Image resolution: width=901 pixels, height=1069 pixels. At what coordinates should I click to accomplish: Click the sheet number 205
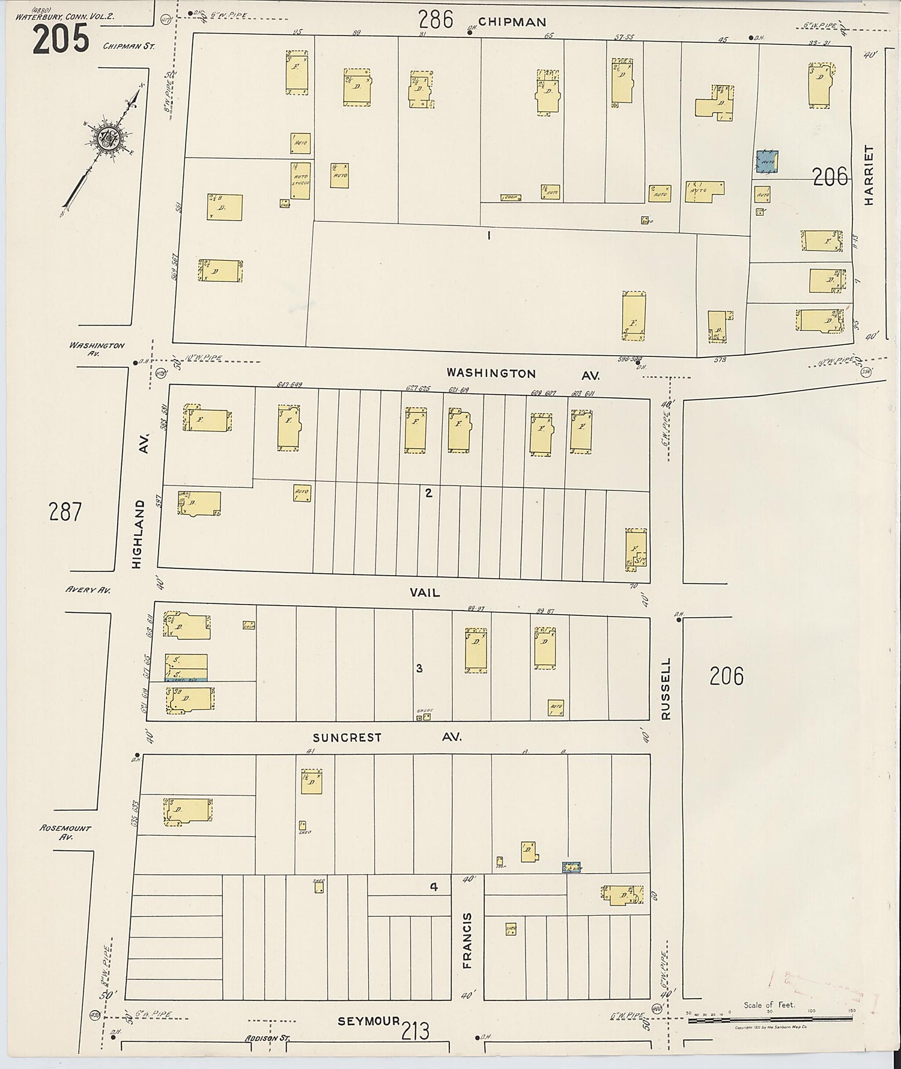tap(61, 39)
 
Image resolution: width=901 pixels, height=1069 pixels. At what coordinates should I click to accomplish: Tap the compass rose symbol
tap(112, 138)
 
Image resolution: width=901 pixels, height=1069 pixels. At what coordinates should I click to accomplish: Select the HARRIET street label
tap(869, 176)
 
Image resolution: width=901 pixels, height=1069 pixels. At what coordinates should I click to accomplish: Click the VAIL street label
tap(425, 592)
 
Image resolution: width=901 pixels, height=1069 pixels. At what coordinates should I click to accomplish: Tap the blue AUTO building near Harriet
tap(767, 161)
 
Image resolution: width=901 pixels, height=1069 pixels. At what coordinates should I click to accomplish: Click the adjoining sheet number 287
tap(65, 512)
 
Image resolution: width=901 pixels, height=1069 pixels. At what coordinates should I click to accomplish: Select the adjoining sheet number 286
tap(435, 20)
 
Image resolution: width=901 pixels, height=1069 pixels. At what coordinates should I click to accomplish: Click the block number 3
tap(419, 668)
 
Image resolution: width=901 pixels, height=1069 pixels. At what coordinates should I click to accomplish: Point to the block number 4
tap(433, 886)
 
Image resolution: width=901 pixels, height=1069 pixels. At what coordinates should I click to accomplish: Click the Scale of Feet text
tap(769, 1005)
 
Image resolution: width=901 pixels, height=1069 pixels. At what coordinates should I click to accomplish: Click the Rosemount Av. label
tap(65, 832)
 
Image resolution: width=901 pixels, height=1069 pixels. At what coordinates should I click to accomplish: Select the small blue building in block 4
tap(571, 867)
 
